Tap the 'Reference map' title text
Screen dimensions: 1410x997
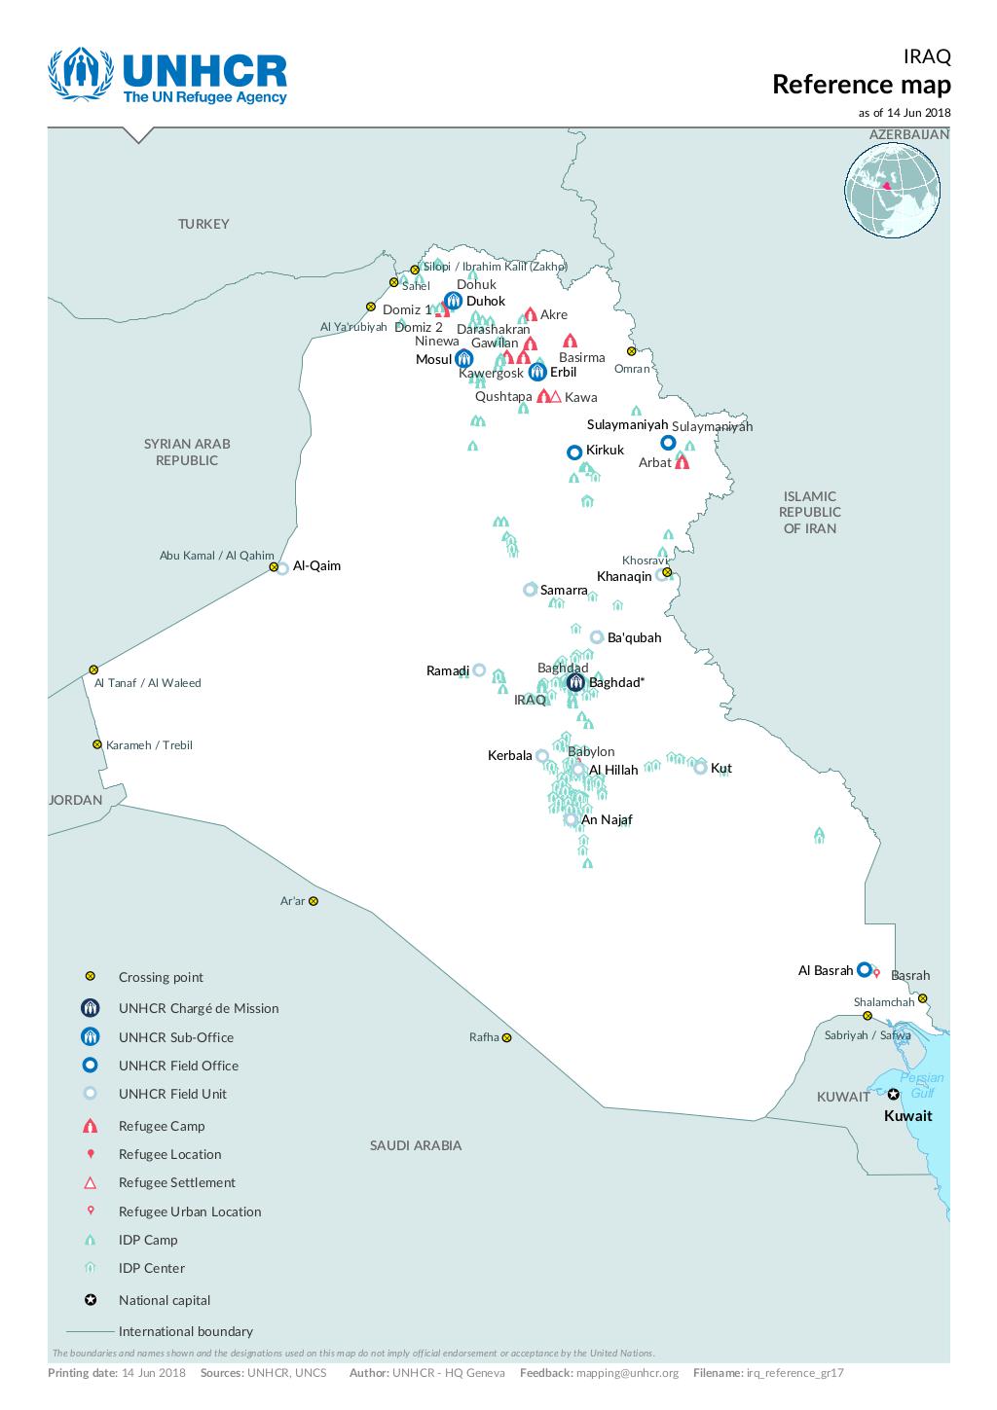pyautogui.click(x=861, y=85)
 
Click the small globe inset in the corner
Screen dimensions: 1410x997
pyautogui.click(x=892, y=191)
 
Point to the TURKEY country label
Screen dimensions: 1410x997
pyautogui.click(x=203, y=224)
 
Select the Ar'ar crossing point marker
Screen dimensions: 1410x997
pyautogui.click(x=314, y=901)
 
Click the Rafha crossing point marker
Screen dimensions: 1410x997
pyautogui.click(x=506, y=1037)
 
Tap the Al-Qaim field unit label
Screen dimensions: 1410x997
pyautogui.click(x=316, y=565)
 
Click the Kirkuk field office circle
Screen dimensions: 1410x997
pyautogui.click(x=574, y=452)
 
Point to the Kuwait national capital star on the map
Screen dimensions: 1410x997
pyautogui.click(x=893, y=1095)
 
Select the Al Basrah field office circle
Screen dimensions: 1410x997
pyautogui.click(x=864, y=969)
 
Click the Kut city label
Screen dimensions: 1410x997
pyautogui.click(x=720, y=768)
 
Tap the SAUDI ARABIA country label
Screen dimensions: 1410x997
pyautogui.click(x=415, y=1145)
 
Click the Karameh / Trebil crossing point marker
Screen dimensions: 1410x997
pyautogui.click(x=97, y=744)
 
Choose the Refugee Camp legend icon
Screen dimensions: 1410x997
pyautogui.click(x=90, y=1126)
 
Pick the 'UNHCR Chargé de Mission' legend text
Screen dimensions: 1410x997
pyautogui.click(x=199, y=1008)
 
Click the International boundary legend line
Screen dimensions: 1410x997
pyautogui.click(x=90, y=1331)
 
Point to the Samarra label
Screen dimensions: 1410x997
pyautogui.click(x=564, y=590)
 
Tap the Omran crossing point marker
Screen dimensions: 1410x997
pyautogui.click(x=631, y=351)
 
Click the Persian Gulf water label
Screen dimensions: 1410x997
pyautogui.click(x=921, y=1085)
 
